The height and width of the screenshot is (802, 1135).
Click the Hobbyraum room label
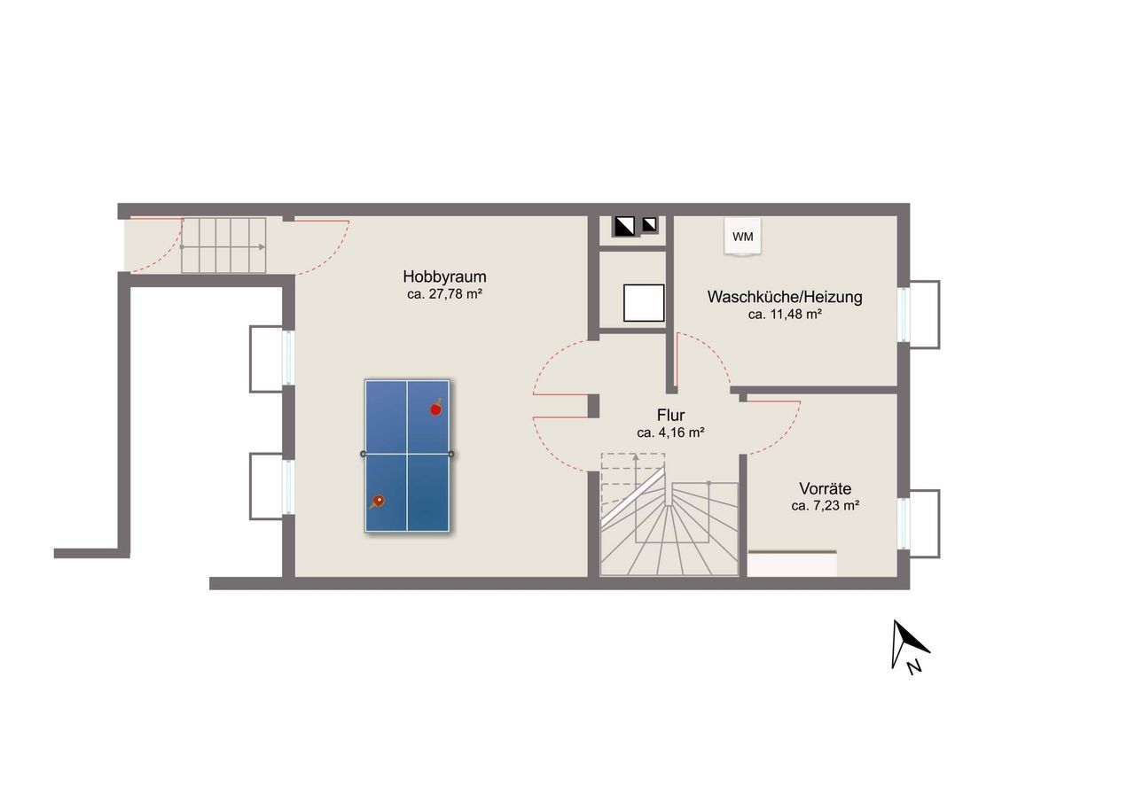click(x=444, y=277)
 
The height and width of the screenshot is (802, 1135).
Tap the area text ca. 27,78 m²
click(x=444, y=294)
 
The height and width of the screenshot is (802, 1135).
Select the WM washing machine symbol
click(x=742, y=237)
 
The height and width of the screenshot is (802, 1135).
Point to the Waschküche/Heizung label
click(x=785, y=297)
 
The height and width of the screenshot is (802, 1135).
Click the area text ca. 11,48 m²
click(x=785, y=315)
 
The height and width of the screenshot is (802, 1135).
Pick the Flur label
click(x=670, y=415)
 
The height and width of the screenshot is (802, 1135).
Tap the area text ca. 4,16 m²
click(x=670, y=432)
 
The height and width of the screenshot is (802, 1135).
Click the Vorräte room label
click(x=825, y=488)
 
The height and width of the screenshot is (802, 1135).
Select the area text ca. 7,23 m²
click(x=825, y=505)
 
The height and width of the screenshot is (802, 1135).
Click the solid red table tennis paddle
click(x=435, y=409)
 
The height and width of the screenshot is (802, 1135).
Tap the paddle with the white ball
click(x=377, y=502)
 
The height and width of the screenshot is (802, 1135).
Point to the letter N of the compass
click(x=913, y=668)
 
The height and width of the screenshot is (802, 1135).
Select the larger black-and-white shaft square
click(x=624, y=227)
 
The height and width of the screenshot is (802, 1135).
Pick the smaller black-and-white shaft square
click(x=649, y=224)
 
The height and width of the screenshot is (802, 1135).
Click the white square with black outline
click(x=644, y=303)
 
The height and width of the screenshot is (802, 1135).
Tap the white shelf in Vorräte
click(x=792, y=563)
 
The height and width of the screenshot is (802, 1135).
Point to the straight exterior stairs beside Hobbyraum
click(x=223, y=245)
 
